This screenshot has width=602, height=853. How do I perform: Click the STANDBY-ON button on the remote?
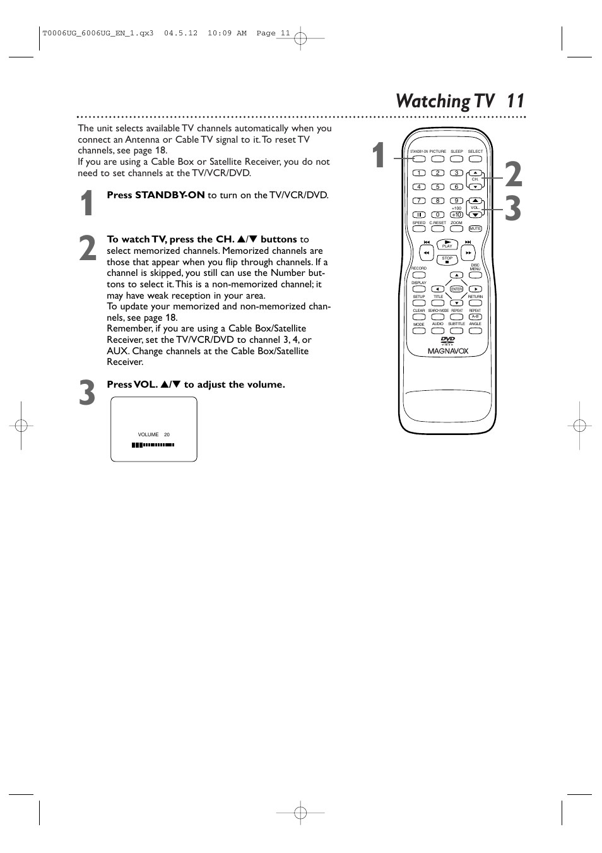click(419, 158)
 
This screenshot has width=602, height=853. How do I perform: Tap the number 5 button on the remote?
click(437, 187)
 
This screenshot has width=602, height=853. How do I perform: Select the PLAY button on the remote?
click(447, 244)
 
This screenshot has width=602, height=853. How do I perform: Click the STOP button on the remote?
click(447, 259)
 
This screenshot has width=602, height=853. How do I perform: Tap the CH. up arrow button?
click(475, 173)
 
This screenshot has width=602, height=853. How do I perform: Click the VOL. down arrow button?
click(475, 215)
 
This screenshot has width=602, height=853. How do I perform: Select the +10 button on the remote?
click(456, 215)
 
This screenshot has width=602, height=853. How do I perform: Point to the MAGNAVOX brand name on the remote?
click(448, 351)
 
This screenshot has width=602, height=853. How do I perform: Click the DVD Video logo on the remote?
click(447, 340)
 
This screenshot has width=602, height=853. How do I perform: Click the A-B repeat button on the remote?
click(475, 316)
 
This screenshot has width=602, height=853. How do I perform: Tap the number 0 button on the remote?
click(437, 215)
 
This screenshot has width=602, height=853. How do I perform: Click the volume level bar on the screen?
click(153, 444)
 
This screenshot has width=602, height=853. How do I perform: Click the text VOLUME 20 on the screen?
click(153, 434)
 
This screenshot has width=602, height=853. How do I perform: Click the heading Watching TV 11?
click(459, 101)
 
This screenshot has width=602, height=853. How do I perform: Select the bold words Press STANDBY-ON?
click(155, 195)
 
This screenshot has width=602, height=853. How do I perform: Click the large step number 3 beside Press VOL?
click(87, 393)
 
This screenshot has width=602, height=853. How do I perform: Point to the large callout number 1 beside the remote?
click(378, 156)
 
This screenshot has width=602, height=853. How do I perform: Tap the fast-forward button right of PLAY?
click(468, 253)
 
